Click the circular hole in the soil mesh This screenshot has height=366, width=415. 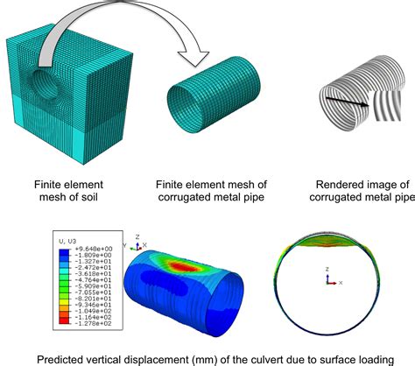point(39,87)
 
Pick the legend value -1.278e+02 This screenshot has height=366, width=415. point(86,323)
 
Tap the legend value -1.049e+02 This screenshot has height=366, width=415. point(86,310)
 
